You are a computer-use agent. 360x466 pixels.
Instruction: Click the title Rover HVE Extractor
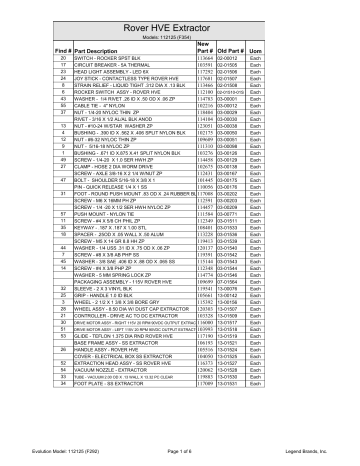point(180,23)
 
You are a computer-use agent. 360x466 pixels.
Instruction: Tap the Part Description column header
point(105,49)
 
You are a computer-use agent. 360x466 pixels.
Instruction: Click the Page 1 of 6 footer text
point(180,453)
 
